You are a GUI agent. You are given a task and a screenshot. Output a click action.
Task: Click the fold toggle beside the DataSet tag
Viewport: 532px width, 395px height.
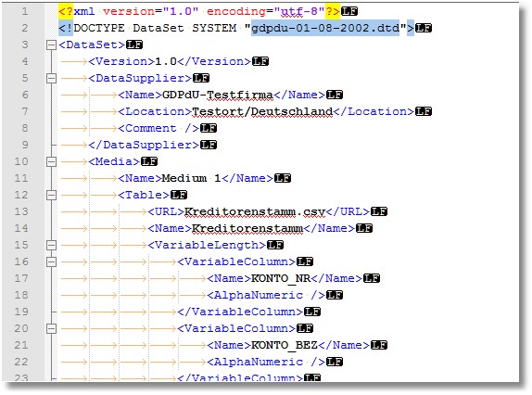(x=51, y=45)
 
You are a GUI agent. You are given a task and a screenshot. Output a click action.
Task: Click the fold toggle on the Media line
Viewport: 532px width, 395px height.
(x=51, y=162)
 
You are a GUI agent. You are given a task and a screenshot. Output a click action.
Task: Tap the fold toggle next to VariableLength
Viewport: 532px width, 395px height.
(x=51, y=246)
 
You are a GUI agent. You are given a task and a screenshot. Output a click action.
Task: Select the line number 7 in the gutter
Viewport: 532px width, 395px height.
(x=25, y=111)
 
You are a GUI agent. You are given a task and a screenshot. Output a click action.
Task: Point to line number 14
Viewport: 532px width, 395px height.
(x=21, y=228)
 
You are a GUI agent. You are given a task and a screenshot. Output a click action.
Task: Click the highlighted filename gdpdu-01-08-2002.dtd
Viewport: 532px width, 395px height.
(x=325, y=28)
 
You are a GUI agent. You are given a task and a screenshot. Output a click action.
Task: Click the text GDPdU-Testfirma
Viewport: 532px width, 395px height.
(x=218, y=95)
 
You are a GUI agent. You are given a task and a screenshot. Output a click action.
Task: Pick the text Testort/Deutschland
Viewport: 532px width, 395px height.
(x=262, y=111)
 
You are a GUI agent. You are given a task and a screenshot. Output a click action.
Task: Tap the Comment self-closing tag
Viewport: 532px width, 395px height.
(x=158, y=128)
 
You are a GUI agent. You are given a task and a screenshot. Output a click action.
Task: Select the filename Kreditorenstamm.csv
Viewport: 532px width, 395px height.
(x=255, y=211)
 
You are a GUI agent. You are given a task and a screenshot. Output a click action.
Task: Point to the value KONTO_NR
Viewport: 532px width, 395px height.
(x=281, y=278)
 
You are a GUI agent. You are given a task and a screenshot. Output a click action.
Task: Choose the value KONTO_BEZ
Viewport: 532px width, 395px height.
(x=285, y=346)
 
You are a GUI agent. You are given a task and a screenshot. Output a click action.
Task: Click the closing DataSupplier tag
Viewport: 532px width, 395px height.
(x=144, y=145)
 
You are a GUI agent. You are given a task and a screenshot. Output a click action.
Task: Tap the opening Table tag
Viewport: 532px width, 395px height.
(x=144, y=195)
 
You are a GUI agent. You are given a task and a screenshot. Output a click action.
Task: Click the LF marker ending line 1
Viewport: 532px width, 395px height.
(x=349, y=11)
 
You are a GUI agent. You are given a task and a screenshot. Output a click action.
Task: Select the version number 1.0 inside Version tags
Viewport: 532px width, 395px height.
(x=166, y=61)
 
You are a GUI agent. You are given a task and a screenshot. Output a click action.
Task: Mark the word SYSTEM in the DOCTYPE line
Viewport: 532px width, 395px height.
(x=214, y=28)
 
